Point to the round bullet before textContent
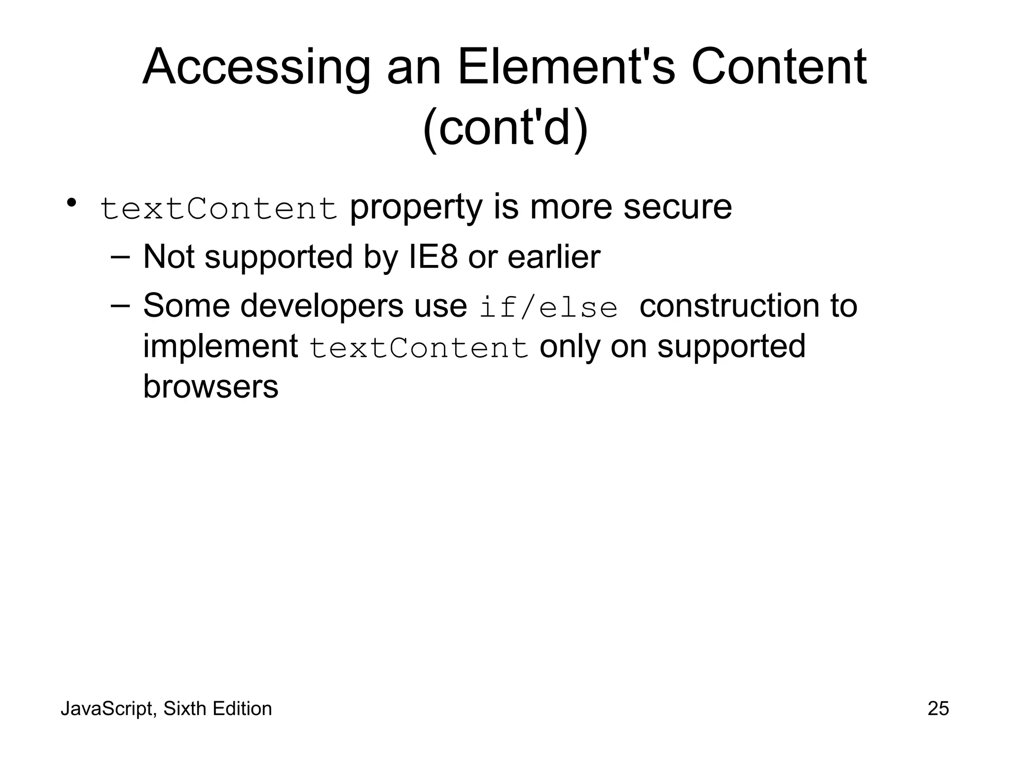pos(72,203)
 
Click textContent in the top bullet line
pos(218,208)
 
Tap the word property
pos(416,207)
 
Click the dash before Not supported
pos(120,257)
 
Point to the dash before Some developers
pos(120,305)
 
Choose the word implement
pos(220,346)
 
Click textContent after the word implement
pos(419,348)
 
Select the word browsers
pos(211,386)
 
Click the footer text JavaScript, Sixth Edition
pos(166,709)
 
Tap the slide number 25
pos(938,709)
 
